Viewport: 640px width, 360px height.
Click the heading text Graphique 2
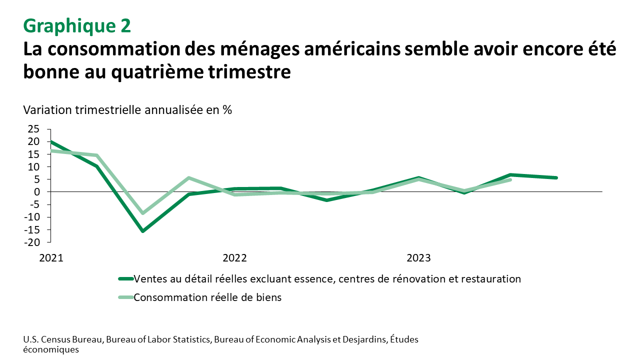coord(77,25)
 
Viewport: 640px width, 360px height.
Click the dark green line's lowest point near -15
coord(143,231)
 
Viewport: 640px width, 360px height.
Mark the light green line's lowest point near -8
coord(143,213)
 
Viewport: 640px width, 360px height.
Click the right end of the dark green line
coord(556,177)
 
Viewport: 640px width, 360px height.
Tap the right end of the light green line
coord(510,179)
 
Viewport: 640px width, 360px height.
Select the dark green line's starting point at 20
coord(51,142)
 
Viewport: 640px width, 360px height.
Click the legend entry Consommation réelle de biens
coord(207,297)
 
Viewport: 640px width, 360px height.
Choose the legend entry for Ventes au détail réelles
coord(327,279)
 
